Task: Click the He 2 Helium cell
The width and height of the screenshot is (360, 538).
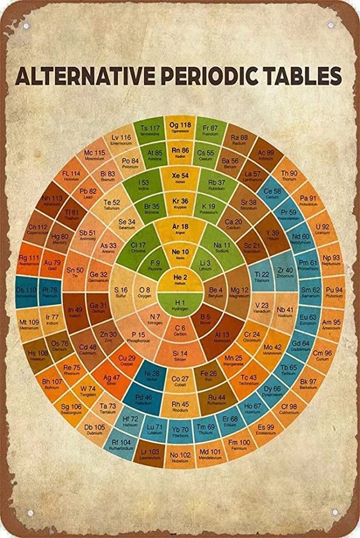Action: [x=180, y=278]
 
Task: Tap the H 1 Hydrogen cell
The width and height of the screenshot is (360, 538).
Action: [x=180, y=303]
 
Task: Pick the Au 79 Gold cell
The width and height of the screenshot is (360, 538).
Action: [x=52, y=265]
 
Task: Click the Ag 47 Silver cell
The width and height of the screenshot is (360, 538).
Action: [x=112, y=380]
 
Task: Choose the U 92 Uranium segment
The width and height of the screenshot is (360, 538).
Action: [x=322, y=229]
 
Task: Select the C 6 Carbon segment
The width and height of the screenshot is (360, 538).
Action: [x=180, y=330]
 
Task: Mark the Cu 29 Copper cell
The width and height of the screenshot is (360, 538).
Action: [x=127, y=360]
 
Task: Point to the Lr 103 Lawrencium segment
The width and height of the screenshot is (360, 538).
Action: [x=150, y=455]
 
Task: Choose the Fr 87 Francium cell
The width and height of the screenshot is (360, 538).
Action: [x=210, y=130]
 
